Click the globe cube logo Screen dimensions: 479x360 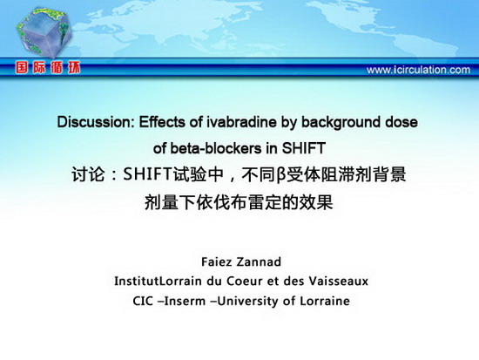[44, 33]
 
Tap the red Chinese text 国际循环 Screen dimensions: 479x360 [48, 68]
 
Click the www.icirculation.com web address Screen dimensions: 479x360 [418, 70]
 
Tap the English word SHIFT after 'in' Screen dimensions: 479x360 [303, 149]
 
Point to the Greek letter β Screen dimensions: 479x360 [280, 175]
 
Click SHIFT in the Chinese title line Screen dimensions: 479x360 [147, 174]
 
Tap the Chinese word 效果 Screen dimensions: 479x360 [315, 202]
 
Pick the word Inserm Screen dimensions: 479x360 [185, 302]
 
